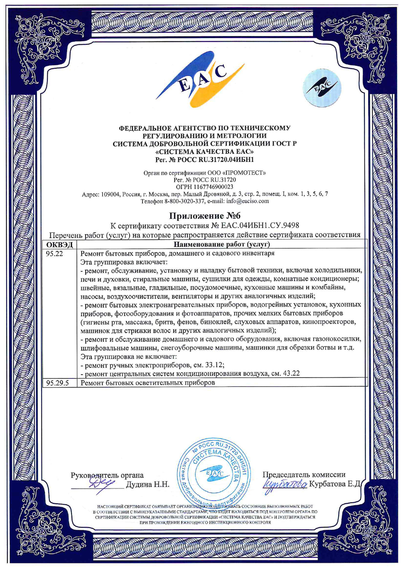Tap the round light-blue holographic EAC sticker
pos(322,88)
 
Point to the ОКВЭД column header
pos(59,244)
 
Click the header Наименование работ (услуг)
pos(222,244)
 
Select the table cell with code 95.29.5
pos(57,383)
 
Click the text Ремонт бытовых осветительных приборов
pos(148,383)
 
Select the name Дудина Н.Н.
pos(147,484)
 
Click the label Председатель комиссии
pos(304,474)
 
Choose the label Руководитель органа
pos(107,475)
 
